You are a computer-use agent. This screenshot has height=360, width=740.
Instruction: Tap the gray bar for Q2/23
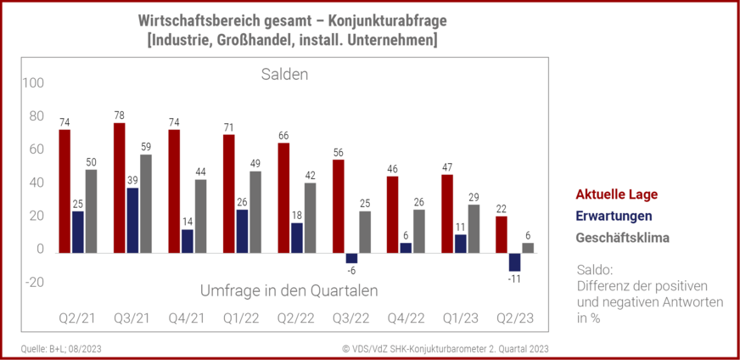[x=528, y=248]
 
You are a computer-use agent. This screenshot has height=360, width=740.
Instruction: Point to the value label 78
[x=120, y=115]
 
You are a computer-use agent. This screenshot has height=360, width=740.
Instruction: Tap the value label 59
[x=146, y=147]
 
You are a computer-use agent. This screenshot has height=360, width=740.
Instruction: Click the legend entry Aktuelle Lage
[x=616, y=194]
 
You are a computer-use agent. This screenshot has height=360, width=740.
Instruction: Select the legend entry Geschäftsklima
[x=622, y=238]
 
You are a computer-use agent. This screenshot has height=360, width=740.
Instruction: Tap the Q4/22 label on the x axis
[x=405, y=318]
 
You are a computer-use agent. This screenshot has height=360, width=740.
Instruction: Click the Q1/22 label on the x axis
[x=240, y=318]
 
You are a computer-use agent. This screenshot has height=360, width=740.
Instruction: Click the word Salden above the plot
[x=283, y=75]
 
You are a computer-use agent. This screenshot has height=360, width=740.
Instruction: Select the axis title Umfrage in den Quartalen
[x=289, y=290]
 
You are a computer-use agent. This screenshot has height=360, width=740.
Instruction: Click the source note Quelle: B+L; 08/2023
[x=59, y=348]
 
